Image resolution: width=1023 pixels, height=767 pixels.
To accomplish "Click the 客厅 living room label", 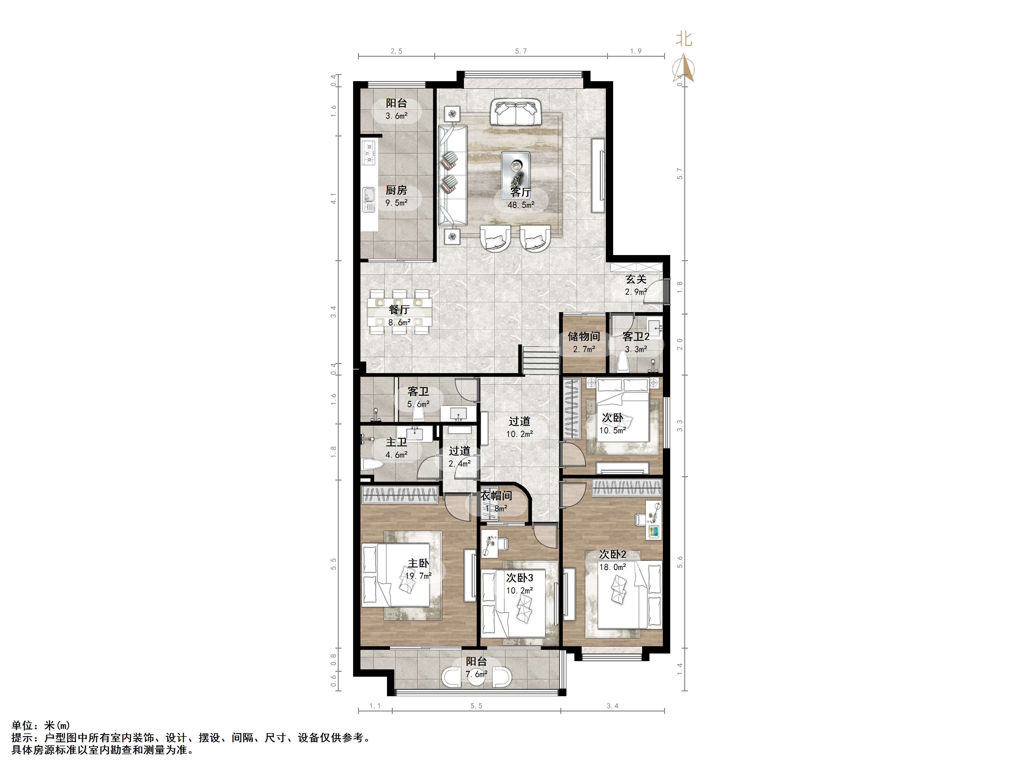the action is pos(521,192).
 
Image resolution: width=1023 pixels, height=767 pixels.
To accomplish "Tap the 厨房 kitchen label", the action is pos(396,190).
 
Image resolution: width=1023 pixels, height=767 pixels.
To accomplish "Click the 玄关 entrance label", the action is pos(636,279).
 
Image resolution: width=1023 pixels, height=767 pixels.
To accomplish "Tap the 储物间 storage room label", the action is pos(584,337).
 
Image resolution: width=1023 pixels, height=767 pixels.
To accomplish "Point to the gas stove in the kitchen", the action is pos(369,152).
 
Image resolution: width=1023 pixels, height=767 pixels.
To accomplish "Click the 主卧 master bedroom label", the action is pos(418,563).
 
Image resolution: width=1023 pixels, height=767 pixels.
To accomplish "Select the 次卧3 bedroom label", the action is pos(519,578).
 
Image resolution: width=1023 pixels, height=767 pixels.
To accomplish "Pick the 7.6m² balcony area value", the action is pos(477,674).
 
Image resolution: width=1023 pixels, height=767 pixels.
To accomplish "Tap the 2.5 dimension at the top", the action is pos(396,51).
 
